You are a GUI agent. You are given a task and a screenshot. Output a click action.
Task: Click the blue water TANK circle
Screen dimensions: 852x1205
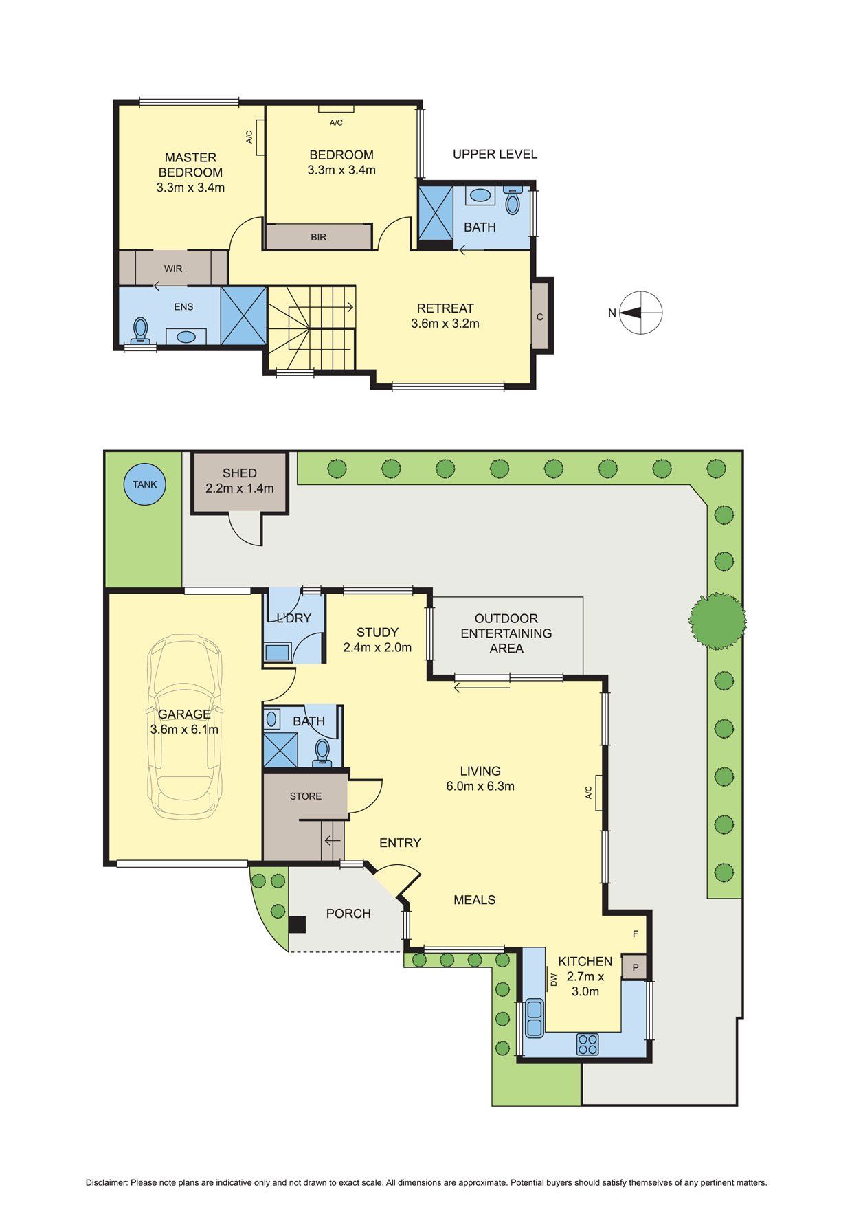click(x=144, y=484)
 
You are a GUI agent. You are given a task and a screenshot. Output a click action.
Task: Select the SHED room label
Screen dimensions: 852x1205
click(x=239, y=473)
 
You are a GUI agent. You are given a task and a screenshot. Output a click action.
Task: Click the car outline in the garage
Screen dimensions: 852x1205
click(x=185, y=726)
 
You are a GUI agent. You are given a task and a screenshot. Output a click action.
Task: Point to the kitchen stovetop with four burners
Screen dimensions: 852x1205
click(x=587, y=1044)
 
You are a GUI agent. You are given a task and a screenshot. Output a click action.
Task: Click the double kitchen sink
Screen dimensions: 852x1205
click(x=534, y=1018)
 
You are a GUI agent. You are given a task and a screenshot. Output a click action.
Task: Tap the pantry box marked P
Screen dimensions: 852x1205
click(x=635, y=967)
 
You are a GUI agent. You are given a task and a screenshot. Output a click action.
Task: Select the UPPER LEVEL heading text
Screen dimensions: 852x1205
click(x=495, y=154)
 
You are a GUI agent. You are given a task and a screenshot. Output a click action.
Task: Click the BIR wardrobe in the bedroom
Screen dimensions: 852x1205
click(x=319, y=237)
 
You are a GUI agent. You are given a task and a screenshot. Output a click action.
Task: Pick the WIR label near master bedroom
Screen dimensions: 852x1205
click(x=173, y=269)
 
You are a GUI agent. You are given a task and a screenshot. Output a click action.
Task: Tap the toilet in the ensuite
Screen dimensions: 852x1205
click(x=141, y=330)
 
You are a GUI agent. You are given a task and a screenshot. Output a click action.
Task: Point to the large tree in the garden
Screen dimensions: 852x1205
click(x=718, y=620)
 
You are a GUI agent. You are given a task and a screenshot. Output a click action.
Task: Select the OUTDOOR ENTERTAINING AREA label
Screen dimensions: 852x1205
click(x=506, y=633)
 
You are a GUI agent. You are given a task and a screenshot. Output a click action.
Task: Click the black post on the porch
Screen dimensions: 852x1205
click(x=296, y=925)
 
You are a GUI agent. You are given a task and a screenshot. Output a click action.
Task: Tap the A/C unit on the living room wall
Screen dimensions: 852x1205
click(x=599, y=793)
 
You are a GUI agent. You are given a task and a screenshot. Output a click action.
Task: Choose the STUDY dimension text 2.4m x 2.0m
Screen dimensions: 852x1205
click(x=377, y=647)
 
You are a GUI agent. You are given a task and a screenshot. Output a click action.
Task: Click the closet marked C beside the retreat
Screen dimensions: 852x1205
click(x=540, y=317)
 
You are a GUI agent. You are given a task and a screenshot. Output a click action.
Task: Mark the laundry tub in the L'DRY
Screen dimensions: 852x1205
click(x=278, y=651)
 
